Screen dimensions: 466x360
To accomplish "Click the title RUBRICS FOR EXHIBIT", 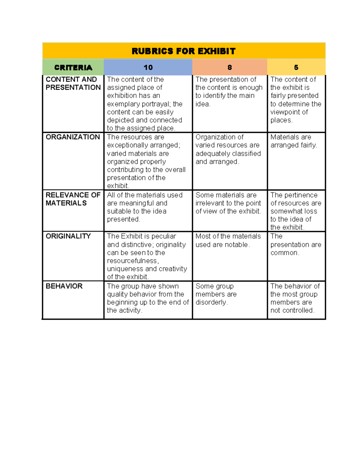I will (184, 51).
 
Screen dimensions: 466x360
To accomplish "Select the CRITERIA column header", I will (73, 68).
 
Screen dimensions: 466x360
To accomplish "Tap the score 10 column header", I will (148, 68).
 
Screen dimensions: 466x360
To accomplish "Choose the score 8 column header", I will (229, 68).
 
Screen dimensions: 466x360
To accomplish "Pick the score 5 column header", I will (296, 68).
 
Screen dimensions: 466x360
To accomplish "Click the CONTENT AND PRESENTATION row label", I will (73, 83).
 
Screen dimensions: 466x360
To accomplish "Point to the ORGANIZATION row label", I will (73, 137).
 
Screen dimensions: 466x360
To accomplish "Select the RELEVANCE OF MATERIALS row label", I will (73, 199).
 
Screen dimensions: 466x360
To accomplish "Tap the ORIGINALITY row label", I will (68, 236).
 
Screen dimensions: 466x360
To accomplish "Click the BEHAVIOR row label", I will (64, 286).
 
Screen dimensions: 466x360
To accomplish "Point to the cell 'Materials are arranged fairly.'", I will (294, 141).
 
